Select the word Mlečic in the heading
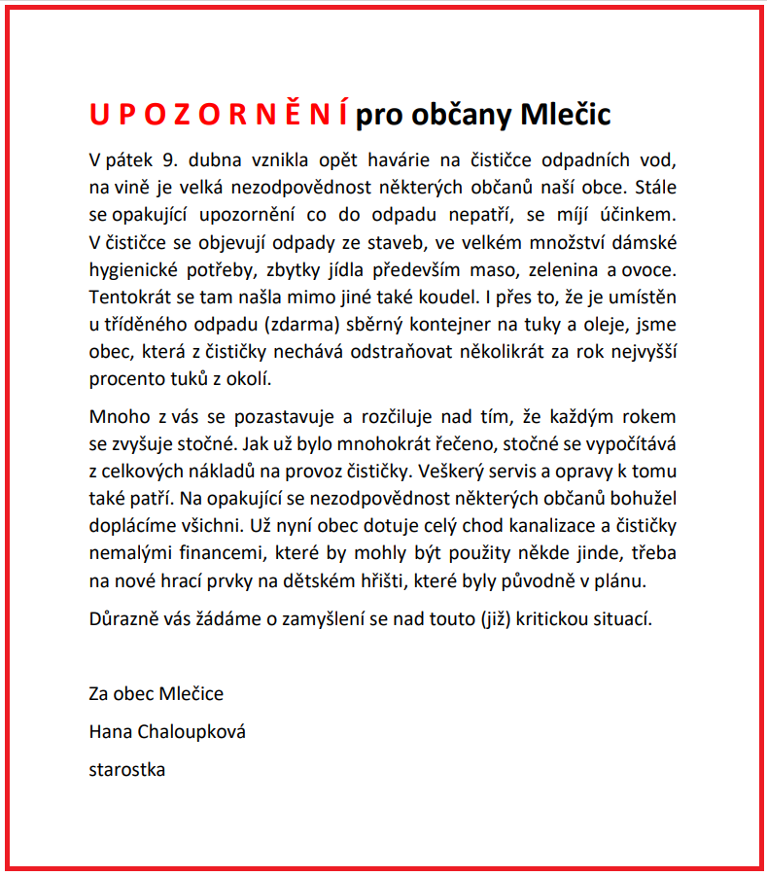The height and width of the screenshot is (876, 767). [566, 115]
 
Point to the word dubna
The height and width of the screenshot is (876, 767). [223, 159]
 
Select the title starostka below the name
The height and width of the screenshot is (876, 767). [126, 769]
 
